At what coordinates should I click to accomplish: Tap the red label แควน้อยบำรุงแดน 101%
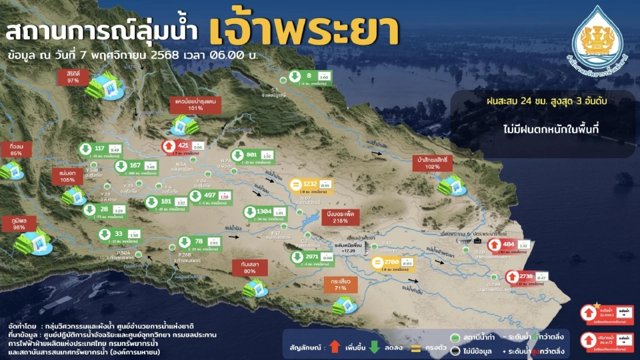(x=187, y=103)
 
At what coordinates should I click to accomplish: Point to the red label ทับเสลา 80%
(x=250, y=267)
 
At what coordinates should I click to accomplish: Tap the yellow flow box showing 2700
(x=393, y=263)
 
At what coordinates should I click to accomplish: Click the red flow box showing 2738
(x=527, y=276)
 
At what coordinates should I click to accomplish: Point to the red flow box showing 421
(x=183, y=145)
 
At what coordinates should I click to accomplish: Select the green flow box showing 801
(x=251, y=155)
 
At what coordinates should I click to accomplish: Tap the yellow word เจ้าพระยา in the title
(x=304, y=29)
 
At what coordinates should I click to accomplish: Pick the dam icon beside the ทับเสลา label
(x=255, y=288)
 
